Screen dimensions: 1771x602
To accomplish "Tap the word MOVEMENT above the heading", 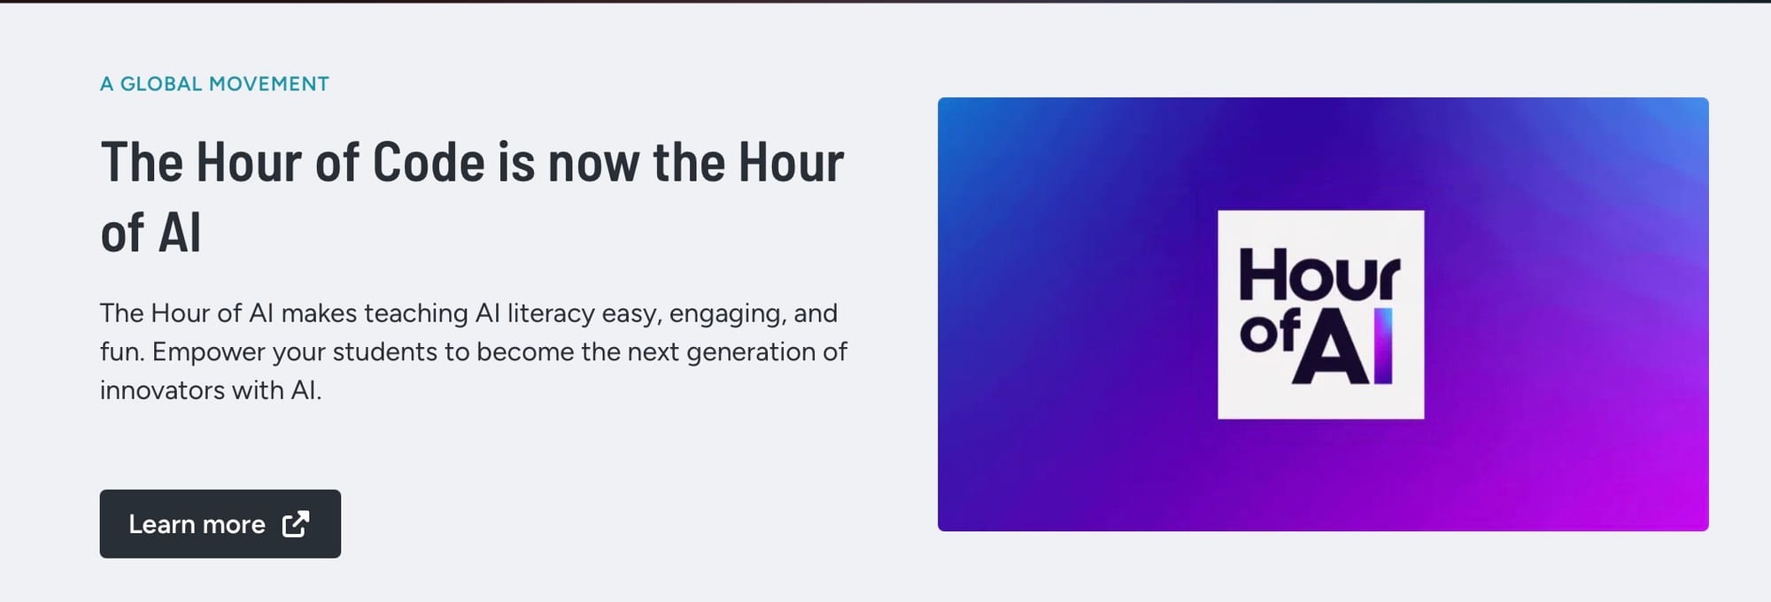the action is click(x=269, y=84).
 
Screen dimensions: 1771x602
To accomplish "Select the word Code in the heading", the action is click(x=429, y=162).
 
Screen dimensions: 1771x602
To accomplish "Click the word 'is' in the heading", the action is click(x=516, y=162).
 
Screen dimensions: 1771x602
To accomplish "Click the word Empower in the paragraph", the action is click(x=208, y=352).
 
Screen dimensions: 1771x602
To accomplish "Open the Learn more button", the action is click(x=220, y=524).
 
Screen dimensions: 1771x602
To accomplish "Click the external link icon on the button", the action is click(x=296, y=524).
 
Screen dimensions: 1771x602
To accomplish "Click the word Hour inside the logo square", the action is click(x=1319, y=275).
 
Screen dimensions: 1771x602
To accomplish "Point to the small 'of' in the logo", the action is click(x=1270, y=332).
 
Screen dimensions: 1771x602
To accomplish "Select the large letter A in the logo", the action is click(x=1332, y=347).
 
